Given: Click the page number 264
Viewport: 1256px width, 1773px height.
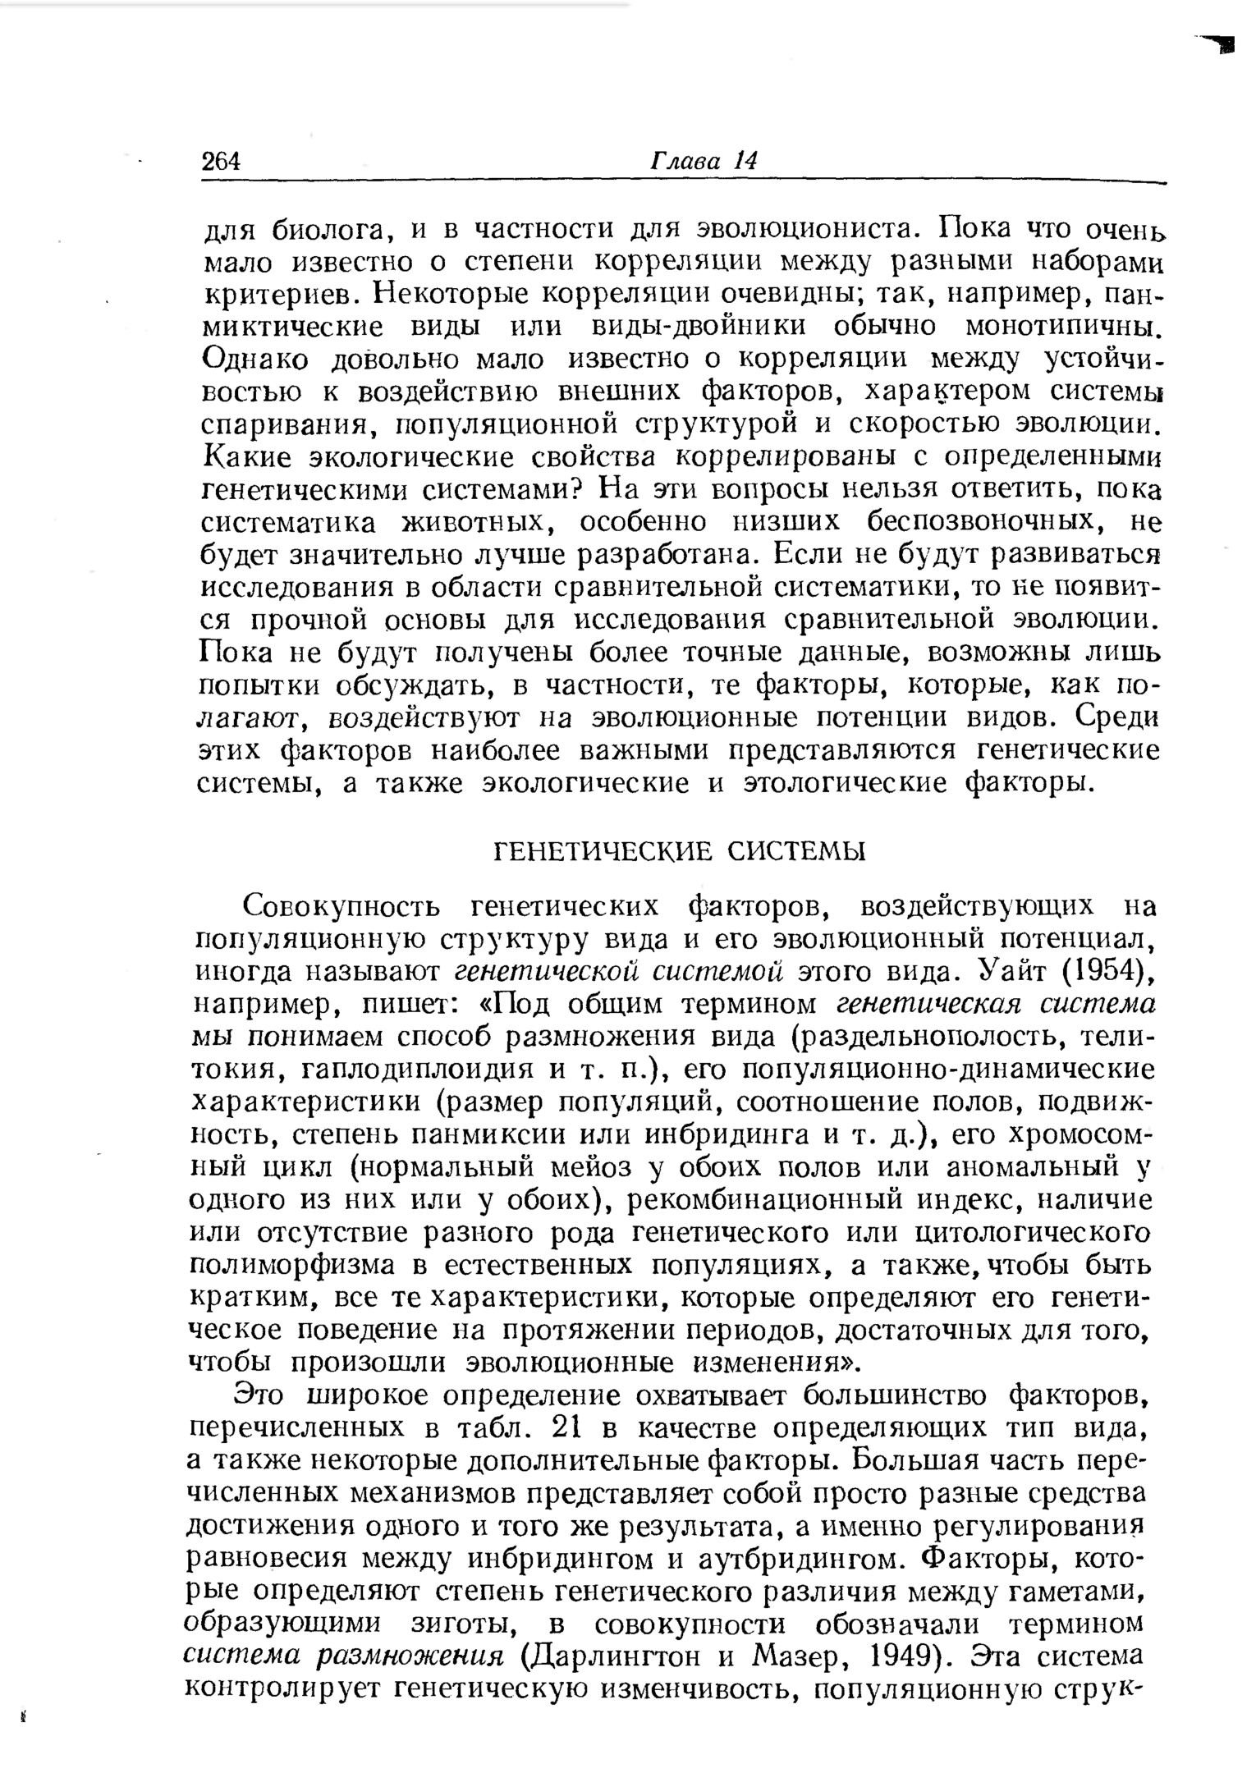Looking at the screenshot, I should (x=221, y=161).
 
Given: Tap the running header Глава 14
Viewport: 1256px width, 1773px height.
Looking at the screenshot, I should (x=703, y=160).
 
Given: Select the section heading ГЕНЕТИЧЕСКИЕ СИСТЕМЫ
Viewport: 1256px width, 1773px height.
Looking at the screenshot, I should (x=679, y=851).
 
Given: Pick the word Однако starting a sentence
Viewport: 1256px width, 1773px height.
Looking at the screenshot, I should (x=254, y=359).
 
